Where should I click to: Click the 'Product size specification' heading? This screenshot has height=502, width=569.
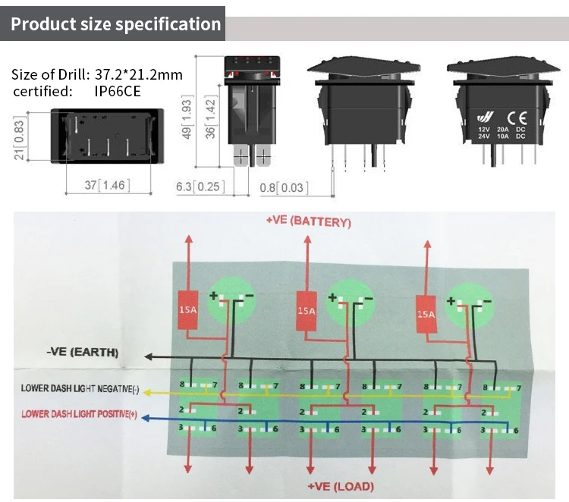(x=116, y=24)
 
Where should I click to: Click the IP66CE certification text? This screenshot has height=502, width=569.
(x=117, y=91)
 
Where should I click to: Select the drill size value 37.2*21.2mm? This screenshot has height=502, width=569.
(x=139, y=74)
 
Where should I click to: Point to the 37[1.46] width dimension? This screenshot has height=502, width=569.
(x=108, y=185)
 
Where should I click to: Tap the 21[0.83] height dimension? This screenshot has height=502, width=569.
(x=19, y=138)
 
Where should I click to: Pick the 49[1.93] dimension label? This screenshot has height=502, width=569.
(x=187, y=117)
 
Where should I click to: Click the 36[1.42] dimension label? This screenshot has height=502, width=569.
(x=210, y=117)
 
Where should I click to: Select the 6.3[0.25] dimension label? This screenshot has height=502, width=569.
(x=200, y=187)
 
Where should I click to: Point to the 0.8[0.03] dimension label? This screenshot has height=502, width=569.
(x=284, y=187)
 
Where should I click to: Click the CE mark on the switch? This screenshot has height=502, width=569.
(x=517, y=118)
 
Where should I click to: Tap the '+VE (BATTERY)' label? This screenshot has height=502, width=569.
(x=309, y=221)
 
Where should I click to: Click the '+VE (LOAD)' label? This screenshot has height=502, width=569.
(x=341, y=486)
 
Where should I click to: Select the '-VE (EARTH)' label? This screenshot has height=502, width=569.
(x=83, y=352)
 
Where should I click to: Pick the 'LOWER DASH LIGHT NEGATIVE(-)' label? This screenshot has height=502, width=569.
(x=80, y=388)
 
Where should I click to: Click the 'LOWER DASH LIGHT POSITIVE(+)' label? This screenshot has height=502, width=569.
(x=79, y=414)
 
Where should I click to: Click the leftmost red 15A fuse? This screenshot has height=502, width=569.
(x=188, y=310)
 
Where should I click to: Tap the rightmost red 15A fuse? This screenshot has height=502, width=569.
(x=426, y=314)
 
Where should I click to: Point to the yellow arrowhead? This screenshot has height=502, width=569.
(x=147, y=393)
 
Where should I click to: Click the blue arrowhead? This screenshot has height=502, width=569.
(x=145, y=419)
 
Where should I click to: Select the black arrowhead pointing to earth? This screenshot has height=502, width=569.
(x=149, y=356)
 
